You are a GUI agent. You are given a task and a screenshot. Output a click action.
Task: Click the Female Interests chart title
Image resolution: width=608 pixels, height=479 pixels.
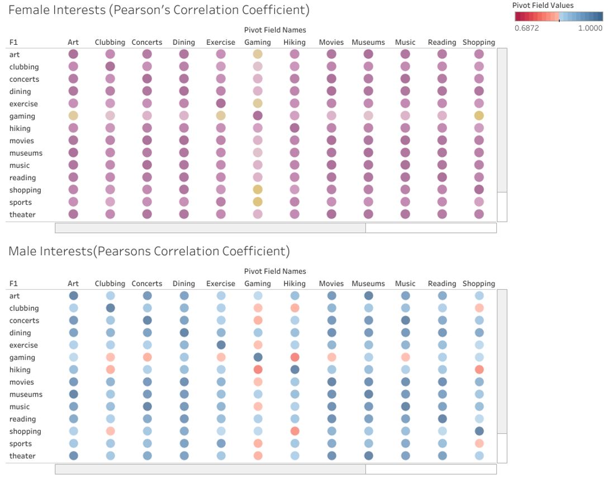[x=159, y=10]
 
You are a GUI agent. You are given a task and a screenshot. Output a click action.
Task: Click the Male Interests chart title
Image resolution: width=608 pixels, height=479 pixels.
[x=149, y=251]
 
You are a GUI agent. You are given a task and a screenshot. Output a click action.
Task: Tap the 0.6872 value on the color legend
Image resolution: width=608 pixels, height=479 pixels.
[x=526, y=28]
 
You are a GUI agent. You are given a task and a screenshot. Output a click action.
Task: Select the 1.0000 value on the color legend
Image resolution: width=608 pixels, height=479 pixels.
[x=590, y=28]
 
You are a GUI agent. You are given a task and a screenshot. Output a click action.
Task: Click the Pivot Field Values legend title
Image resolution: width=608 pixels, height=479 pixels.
[x=543, y=5]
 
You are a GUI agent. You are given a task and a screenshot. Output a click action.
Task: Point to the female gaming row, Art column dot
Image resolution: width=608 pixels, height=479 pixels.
[x=73, y=116]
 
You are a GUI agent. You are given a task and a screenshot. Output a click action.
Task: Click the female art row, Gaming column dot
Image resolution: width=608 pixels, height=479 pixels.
[x=258, y=54]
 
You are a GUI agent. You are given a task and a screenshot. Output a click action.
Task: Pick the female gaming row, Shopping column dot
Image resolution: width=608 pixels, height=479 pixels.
[x=479, y=116]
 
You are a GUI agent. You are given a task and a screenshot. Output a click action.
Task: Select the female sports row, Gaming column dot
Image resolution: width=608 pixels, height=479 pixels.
[x=258, y=202]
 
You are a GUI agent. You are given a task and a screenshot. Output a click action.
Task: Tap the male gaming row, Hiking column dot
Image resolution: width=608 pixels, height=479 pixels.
[x=294, y=357]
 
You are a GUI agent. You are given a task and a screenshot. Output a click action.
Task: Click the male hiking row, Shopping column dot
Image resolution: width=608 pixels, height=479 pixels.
[x=479, y=369]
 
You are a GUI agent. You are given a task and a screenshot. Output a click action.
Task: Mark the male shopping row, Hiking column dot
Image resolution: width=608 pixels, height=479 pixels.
[x=294, y=431]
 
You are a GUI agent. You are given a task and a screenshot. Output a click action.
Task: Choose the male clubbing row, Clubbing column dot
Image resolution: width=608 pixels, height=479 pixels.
[x=110, y=308]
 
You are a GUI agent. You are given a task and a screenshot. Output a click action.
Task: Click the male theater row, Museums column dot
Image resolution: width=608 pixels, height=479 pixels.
[x=368, y=455]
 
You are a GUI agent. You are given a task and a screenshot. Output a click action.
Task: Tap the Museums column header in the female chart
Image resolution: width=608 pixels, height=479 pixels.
[x=368, y=42]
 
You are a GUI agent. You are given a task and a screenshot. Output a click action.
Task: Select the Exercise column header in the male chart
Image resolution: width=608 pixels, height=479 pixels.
[x=221, y=284]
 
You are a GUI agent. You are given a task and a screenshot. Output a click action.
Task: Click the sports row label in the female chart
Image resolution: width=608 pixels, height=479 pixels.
[x=21, y=202]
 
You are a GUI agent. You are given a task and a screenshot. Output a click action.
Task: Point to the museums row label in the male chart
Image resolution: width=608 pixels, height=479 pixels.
[x=26, y=394]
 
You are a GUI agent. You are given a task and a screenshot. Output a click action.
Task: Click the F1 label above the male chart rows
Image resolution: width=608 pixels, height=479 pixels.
[x=14, y=284]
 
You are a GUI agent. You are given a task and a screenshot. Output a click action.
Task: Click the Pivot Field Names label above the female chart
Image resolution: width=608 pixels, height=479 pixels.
[x=275, y=30]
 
